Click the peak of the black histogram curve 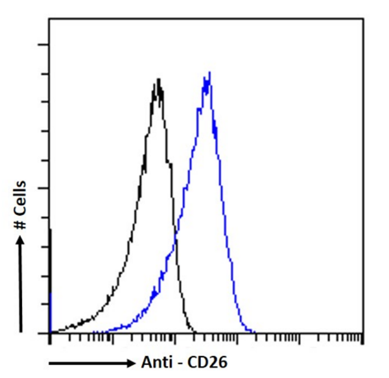(x=158, y=80)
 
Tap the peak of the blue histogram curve (x=208, y=73)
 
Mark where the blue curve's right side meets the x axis (x=255, y=332)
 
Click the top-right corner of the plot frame (x=361, y=18)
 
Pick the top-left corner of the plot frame (x=49, y=18)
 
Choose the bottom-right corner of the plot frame (x=361, y=333)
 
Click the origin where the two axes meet (x=49, y=333)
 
